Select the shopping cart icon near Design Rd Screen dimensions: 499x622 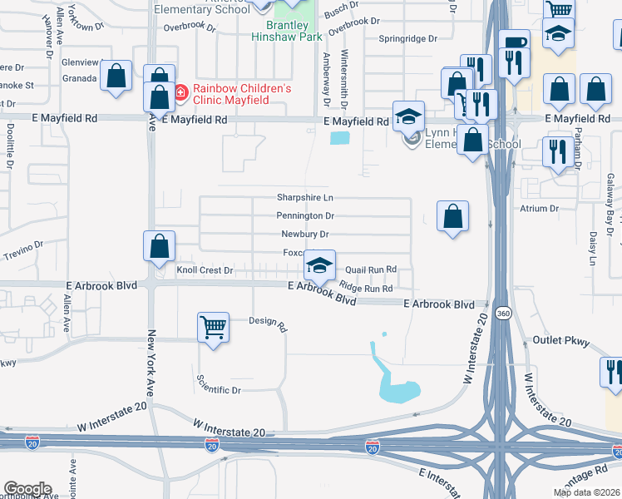tap(214, 327)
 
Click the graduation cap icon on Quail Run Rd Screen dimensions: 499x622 tap(319, 265)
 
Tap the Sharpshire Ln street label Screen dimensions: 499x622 tap(305, 198)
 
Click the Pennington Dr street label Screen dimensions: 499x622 tap(306, 215)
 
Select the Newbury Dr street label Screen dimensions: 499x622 tap(305, 234)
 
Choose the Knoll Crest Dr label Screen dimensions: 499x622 tap(205, 270)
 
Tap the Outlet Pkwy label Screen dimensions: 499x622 tap(560, 341)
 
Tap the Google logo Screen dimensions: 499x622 tap(27, 489)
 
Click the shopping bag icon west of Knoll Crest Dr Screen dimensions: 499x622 tap(159, 246)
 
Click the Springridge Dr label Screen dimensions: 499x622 tap(407, 39)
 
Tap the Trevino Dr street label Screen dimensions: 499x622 tap(23, 249)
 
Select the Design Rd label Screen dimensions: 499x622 tap(267, 321)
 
